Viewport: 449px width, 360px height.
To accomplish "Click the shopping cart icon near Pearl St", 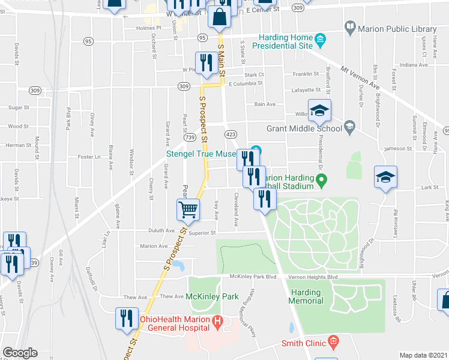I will click(188, 210).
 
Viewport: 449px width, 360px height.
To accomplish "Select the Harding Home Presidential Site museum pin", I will click(320, 40).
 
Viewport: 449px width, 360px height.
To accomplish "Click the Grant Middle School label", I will click(304, 128).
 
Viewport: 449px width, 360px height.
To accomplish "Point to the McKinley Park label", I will click(212, 296).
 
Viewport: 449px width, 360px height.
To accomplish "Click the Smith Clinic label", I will click(304, 344).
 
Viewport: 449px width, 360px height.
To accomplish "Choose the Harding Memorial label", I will click(306, 296).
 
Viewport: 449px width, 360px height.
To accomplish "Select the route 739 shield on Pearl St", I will click(190, 137).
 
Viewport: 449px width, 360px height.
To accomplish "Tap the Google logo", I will click(20, 353).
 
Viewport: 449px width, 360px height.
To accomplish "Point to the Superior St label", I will click(202, 234).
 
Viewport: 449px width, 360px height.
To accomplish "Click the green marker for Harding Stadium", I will click(321, 179).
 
